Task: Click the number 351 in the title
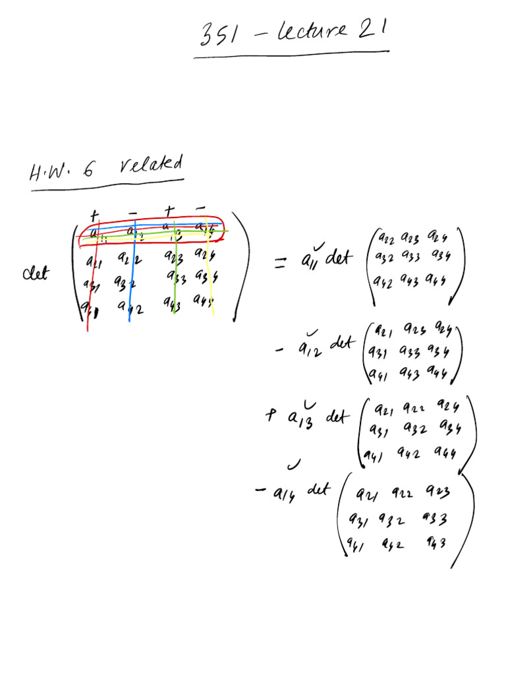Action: [x=221, y=34]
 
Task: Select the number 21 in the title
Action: [x=373, y=30]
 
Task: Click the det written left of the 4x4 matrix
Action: [x=36, y=274]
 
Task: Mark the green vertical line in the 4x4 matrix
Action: [x=174, y=283]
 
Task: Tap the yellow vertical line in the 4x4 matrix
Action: [x=211, y=283]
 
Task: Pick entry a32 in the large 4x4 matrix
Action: [x=125, y=284]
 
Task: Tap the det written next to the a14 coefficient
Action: [x=319, y=490]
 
